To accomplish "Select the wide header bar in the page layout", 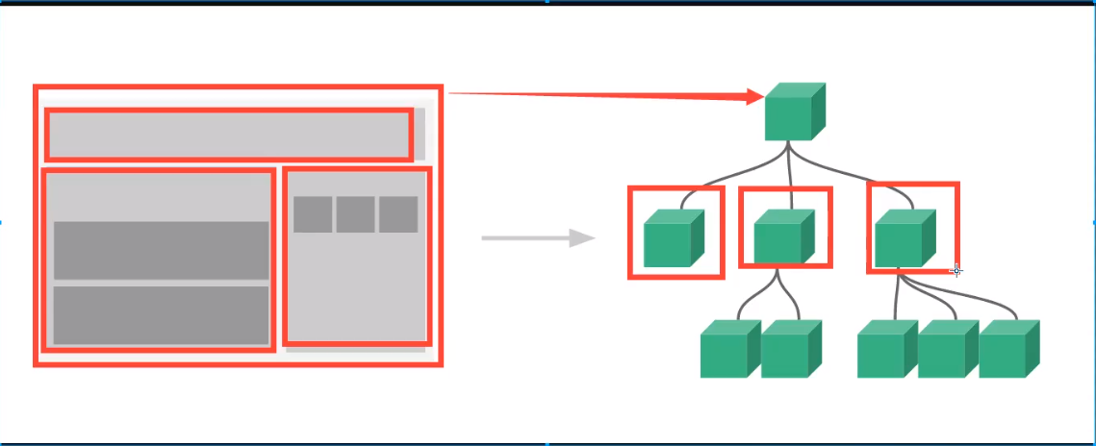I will [x=229, y=135].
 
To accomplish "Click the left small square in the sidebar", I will [x=313, y=214].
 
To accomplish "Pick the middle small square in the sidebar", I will [x=355, y=214].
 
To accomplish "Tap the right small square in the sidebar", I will [x=397, y=214].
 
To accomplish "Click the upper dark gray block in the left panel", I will [x=161, y=250].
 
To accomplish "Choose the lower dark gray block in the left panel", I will [x=161, y=314].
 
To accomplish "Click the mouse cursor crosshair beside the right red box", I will [x=956, y=270].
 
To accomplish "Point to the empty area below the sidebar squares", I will [x=356, y=288].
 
